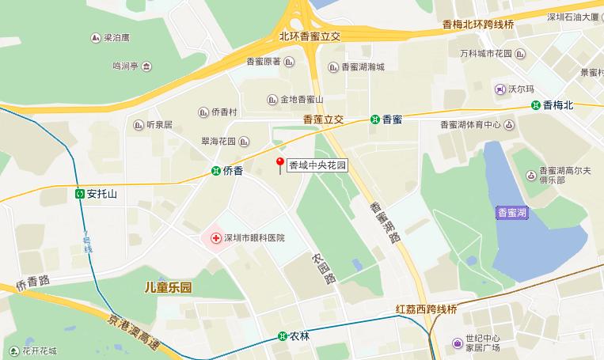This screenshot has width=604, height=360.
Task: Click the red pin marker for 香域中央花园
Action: [x=279, y=164]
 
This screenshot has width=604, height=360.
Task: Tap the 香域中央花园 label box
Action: [x=317, y=166]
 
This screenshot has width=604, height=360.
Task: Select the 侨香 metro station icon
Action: [x=216, y=171]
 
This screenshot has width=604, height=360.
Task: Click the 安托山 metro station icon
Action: [x=80, y=193]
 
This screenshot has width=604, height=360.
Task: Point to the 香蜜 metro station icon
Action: [x=374, y=119]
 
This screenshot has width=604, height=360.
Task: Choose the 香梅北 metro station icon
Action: [x=536, y=104]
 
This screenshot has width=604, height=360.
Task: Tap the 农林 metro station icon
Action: [x=283, y=336]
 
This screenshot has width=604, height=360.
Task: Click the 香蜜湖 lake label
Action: [x=513, y=213]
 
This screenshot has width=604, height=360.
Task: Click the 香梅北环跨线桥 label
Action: [x=477, y=25]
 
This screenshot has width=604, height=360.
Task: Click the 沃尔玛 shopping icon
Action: [x=500, y=88]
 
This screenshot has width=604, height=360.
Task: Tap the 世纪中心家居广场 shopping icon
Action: [x=458, y=343]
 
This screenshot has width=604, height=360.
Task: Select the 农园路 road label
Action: [x=324, y=268]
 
